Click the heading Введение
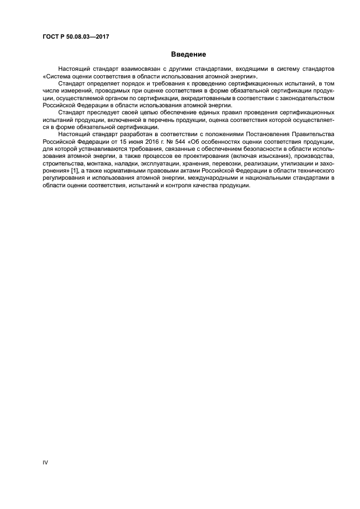point(188,54)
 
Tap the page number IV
point(46,463)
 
